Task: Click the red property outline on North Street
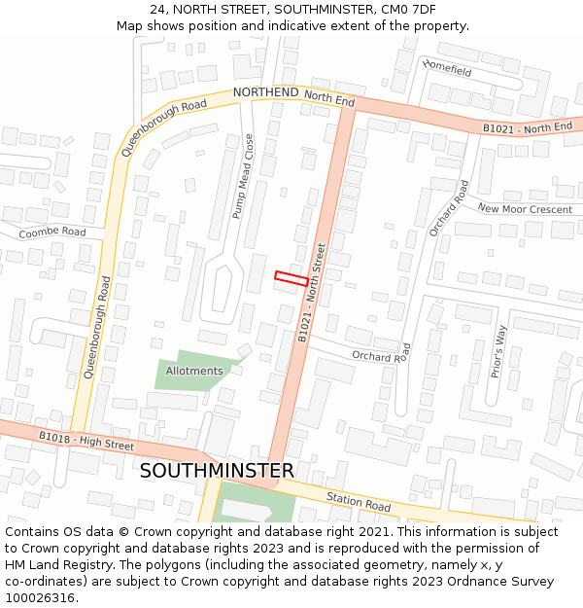point(291,278)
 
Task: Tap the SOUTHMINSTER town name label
point(217,471)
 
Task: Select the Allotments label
point(194,371)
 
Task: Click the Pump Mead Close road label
point(242,176)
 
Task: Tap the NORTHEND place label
point(265,92)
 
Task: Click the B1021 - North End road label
point(528,128)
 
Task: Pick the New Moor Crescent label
point(525,209)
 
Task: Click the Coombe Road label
point(52,232)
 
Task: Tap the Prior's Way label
point(499,351)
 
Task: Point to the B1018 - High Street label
point(86,440)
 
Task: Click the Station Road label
point(359,502)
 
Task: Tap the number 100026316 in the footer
point(39,597)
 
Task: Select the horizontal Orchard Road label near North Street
point(379,357)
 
